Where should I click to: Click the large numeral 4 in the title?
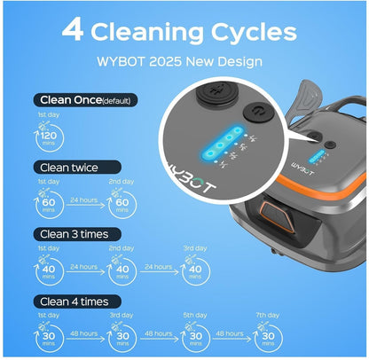pyautogui.click(x=73, y=30)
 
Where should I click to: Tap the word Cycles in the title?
pyautogui.click(x=254, y=33)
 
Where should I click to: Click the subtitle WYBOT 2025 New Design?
pyautogui.click(x=179, y=61)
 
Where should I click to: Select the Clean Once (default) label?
pyautogui.click(x=85, y=100)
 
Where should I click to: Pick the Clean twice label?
pyautogui.click(x=77, y=168)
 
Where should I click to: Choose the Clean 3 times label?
pyautogui.click(x=77, y=234)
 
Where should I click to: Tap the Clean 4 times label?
pyautogui.click(x=77, y=301)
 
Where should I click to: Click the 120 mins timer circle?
pyautogui.click(x=49, y=137)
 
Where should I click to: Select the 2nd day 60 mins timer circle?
pyautogui.click(x=122, y=204)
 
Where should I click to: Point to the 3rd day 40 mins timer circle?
pyautogui.click(x=195, y=270)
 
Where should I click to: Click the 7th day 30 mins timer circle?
pyautogui.click(x=268, y=338)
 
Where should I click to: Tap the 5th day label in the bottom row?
pyautogui.click(x=195, y=315)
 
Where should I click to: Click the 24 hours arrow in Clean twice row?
pyautogui.click(x=85, y=205)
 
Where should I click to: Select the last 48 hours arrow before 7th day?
pyautogui.click(x=232, y=339)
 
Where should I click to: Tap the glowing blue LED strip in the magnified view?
pyautogui.click(x=222, y=142)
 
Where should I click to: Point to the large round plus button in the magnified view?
pyautogui.click(x=217, y=93)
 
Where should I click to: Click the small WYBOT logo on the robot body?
pyautogui.click(x=302, y=168)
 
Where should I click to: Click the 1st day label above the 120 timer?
pyautogui.click(x=49, y=114)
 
